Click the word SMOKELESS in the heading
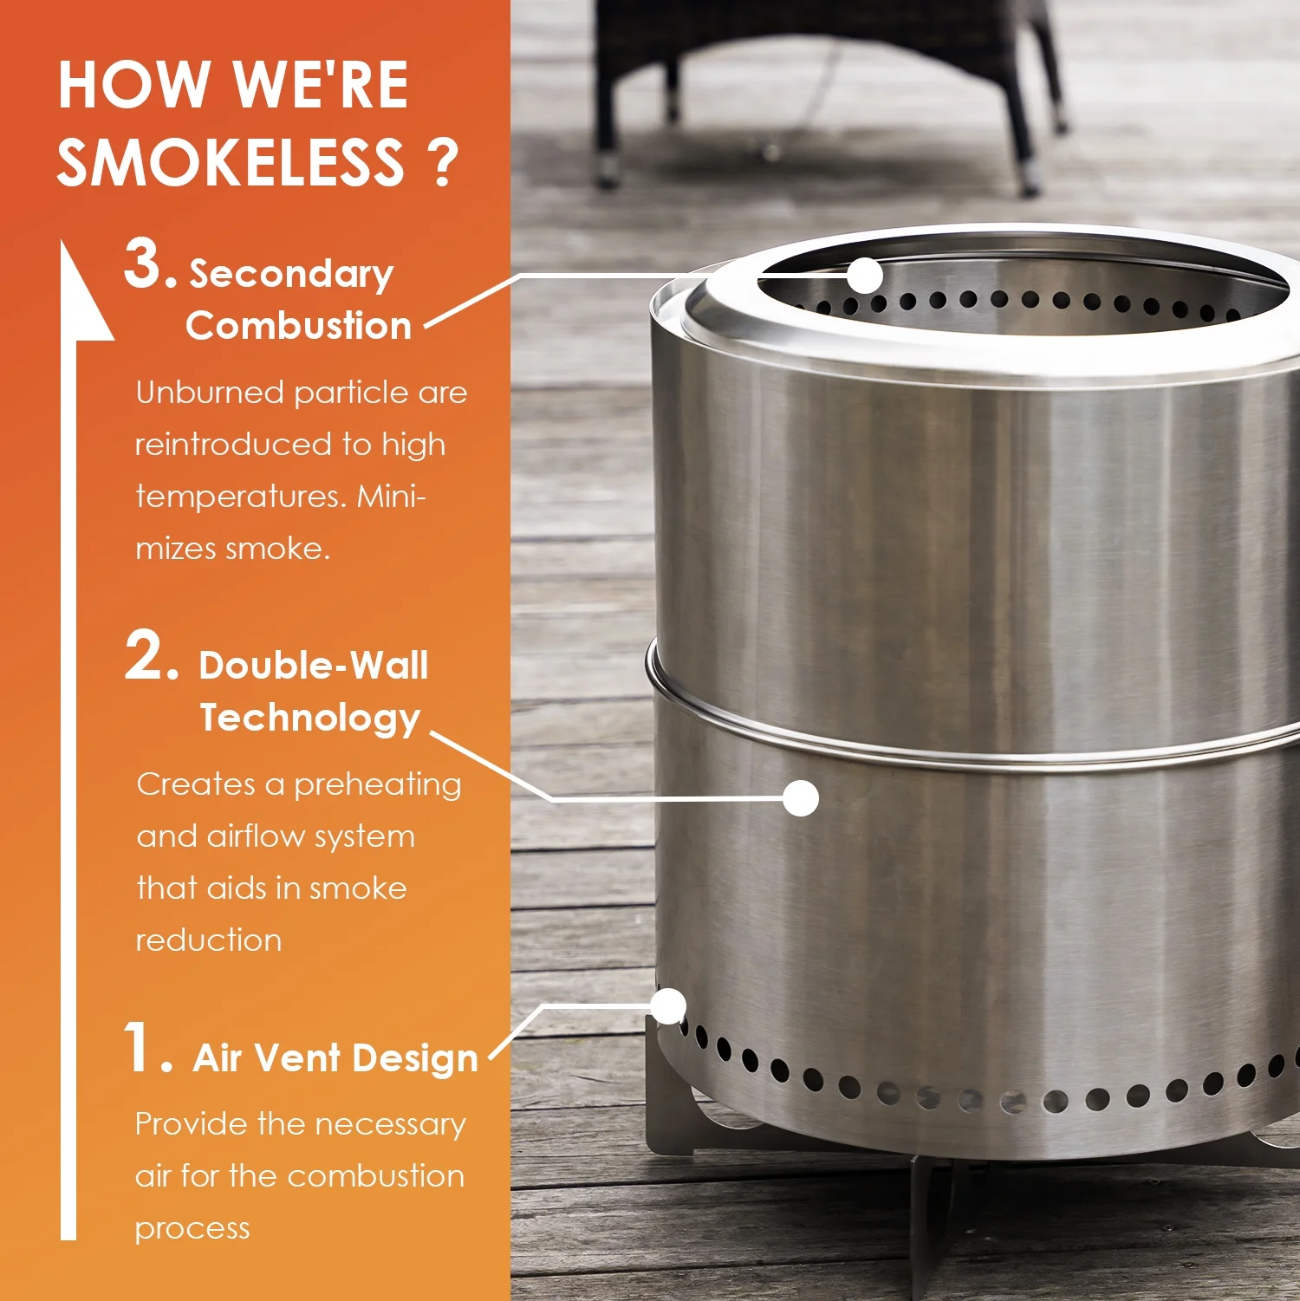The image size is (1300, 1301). (x=230, y=163)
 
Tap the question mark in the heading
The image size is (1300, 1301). (x=443, y=163)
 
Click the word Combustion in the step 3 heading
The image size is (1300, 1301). (x=298, y=327)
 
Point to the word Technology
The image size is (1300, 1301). (x=309, y=719)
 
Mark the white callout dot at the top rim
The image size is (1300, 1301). (x=864, y=276)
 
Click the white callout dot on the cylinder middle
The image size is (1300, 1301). (x=800, y=798)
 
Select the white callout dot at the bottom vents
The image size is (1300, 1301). (x=668, y=1006)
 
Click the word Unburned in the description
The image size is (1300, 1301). (x=209, y=393)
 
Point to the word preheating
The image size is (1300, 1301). (x=377, y=785)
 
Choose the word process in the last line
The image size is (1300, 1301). (x=192, y=1229)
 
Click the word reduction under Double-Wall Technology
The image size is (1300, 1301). (x=209, y=940)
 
